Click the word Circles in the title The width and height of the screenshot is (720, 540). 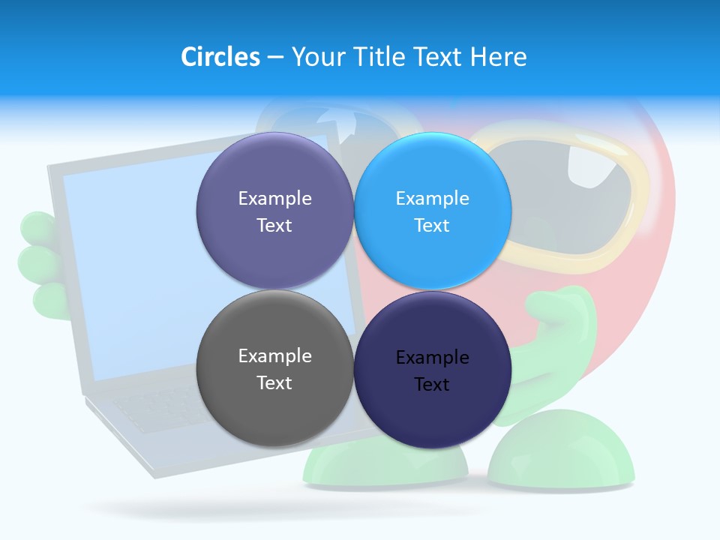[x=220, y=57]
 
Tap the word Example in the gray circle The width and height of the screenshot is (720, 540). [x=274, y=356]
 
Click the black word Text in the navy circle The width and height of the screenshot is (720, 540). [x=432, y=385]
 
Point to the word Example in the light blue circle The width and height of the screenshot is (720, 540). [x=432, y=199]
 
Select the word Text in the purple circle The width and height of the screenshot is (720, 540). [x=274, y=226]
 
